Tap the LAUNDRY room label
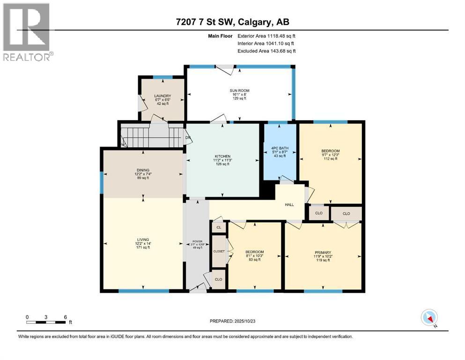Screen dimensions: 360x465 click(162, 96)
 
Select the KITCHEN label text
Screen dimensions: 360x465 click(223, 156)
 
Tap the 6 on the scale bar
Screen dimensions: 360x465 click(65, 316)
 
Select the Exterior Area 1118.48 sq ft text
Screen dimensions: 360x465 click(266, 36)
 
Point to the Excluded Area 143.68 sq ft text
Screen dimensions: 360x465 click(266, 51)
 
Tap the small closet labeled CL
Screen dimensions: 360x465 click(218, 227)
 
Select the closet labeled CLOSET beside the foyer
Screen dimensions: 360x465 click(219, 251)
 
